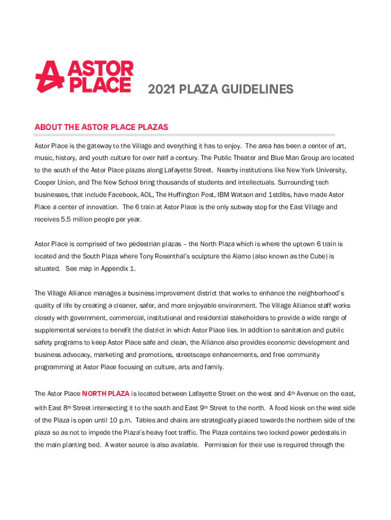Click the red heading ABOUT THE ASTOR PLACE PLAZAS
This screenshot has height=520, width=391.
pyautogui.click(x=101, y=127)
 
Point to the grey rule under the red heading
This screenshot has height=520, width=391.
pyautogui.click(x=184, y=135)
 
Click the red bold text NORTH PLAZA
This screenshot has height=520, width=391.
pyautogui.click(x=106, y=394)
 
